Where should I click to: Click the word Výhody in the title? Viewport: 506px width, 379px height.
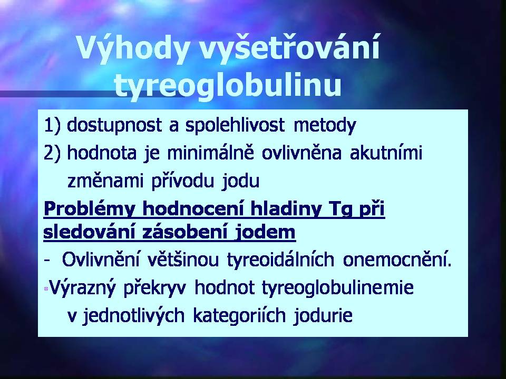(x=133, y=48)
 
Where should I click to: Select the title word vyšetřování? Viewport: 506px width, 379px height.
(x=289, y=48)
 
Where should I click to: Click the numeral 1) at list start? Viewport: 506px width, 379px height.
(x=52, y=125)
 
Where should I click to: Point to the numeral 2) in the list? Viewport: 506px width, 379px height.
(x=52, y=153)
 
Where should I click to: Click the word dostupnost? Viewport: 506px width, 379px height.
(x=114, y=125)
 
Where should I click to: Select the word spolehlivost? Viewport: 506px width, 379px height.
(x=235, y=125)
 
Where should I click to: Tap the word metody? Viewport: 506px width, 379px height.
(x=325, y=125)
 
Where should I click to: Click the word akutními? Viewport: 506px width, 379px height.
(x=386, y=153)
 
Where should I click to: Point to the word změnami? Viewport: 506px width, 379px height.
(x=105, y=181)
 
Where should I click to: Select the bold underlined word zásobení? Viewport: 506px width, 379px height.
(x=186, y=232)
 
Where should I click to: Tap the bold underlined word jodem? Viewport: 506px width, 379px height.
(x=265, y=233)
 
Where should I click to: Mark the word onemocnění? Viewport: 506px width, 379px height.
(x=397, y=260)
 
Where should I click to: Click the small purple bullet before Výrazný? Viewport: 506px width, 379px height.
(x=46, y=289)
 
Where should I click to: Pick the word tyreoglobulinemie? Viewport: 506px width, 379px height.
(x=337, y=287)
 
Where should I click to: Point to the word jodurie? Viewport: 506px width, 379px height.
(x=323, y=315)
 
